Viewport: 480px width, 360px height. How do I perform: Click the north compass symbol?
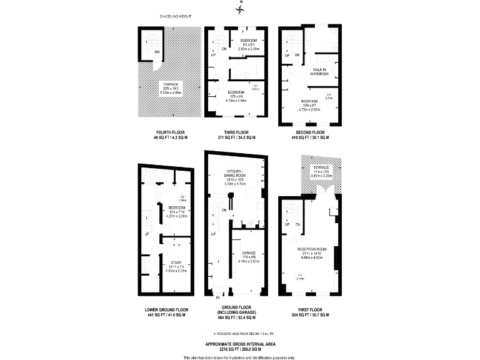tap(240, 8)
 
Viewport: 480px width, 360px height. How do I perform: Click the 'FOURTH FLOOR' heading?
tap(170, 132)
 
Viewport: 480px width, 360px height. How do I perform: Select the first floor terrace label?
tap(320, 168)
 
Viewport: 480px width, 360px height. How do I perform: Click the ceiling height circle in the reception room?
tap(300, 276)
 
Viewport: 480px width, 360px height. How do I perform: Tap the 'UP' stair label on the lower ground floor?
tap(147, 234)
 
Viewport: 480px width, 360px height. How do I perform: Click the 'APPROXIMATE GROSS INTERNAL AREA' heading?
tap(240, 343)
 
